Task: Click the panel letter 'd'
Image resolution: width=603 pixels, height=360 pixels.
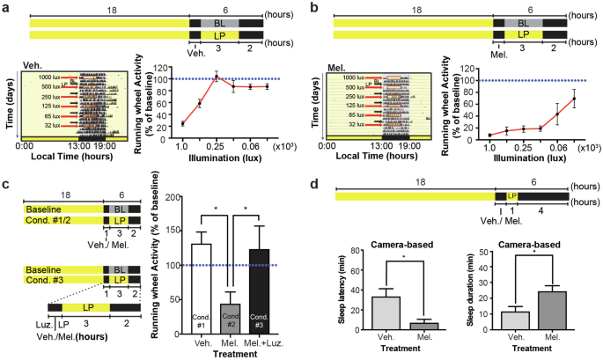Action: coord(311,186)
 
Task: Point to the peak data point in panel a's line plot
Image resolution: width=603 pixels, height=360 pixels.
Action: coord(217,77)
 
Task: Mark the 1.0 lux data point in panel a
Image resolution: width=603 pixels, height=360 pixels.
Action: coord(182,123)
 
